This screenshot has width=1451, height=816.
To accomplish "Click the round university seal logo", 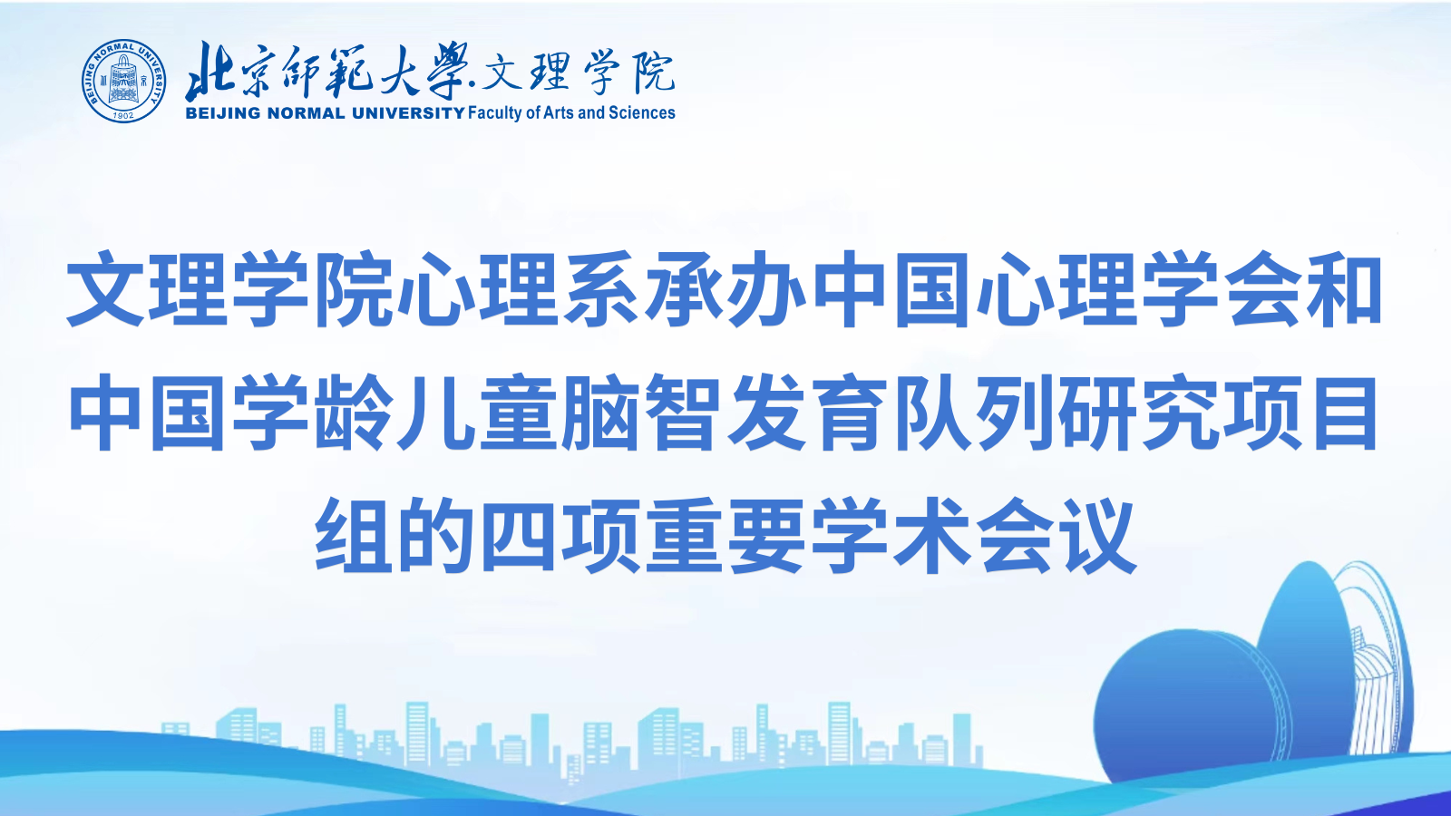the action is tap(123, 81).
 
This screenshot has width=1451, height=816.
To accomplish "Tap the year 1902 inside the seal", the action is tap(123, 115).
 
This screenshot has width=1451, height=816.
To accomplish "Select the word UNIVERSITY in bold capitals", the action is tap(409, 113).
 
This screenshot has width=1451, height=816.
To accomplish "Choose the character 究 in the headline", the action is tap(1179, 413).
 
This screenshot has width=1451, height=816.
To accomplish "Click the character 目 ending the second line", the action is tap(1344, 413).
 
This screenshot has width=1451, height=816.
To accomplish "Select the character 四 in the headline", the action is tap(519, 536).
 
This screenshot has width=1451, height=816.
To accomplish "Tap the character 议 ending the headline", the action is tap(1097, 536).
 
